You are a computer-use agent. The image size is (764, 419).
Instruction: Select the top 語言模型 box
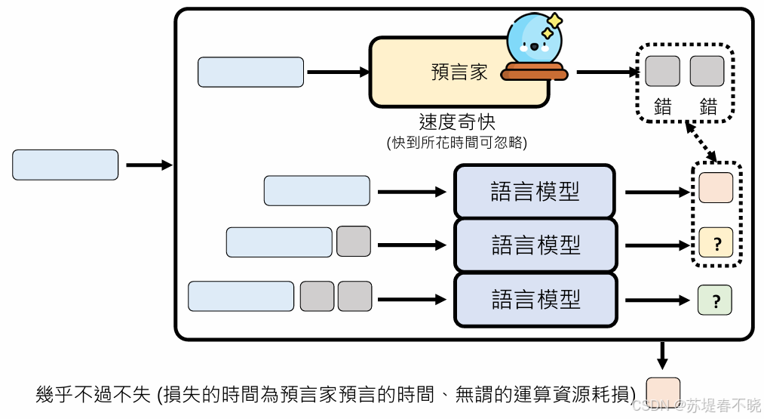click(x=535, y=192)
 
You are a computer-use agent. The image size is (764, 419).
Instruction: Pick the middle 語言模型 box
click(x=535, y=245)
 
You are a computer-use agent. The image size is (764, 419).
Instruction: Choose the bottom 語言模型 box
click(x=535, y=299)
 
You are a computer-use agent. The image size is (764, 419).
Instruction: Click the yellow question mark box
click(x=716, y=243)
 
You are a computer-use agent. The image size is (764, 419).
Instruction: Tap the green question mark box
click(x=715, y=300)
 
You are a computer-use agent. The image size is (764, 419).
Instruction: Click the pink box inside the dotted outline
click(x=716, y=188)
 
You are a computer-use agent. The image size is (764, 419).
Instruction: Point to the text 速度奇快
click(x=457, y=122)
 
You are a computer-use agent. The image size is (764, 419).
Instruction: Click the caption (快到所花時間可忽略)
click(x=456, y=143)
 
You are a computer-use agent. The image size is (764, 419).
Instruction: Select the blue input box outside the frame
click(x=66, y=165)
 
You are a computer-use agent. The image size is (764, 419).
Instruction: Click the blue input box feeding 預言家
click(x=250, y=72)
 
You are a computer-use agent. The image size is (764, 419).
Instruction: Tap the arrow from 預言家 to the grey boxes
click(x=607, y=72)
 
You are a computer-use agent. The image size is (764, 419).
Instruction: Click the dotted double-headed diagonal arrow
click(x=701, y=142)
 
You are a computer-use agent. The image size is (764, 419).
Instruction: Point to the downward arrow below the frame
click(x=662, y=355)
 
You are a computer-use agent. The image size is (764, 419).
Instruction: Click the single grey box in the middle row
click(x=353, y=241)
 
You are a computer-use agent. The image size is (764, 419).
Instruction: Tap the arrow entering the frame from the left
click(x=149, y=165)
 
